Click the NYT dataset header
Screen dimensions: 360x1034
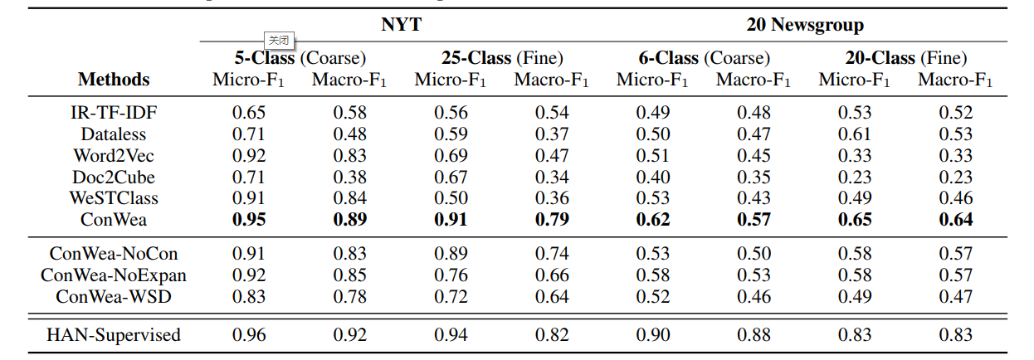[x=401, y=25]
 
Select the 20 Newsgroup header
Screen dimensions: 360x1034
[x=805, y=25]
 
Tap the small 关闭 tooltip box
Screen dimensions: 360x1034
[x=280, y=40]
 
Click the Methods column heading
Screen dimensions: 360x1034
[x=114, y=80]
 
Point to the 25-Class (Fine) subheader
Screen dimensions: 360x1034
[x=502, y=58]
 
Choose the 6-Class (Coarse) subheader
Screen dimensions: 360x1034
[x=704, y=58]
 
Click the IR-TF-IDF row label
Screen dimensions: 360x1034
[x=114, y=112]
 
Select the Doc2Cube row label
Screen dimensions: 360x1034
[x=114, y=177]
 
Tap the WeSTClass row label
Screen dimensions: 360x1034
[x=114, y=198]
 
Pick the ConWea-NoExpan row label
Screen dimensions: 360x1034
[x=114, y=275]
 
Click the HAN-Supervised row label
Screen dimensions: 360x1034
[x=114, y=335]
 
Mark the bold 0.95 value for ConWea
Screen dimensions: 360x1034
[x=249, y=220]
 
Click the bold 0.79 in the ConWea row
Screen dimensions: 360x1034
[x=552, y=220]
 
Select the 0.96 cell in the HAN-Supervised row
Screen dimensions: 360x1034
[x=249, y=335]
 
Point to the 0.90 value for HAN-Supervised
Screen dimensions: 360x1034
[x=653, y=335]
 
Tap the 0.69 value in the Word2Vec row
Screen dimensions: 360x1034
[x=451, y=155]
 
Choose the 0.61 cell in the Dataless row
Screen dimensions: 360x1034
[x=855, y=134]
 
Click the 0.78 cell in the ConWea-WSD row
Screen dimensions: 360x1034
[x=350, y=296]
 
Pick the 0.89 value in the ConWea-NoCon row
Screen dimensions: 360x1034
[x=451, y=253]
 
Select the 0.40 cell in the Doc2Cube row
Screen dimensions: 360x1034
[x=653, y=177]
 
